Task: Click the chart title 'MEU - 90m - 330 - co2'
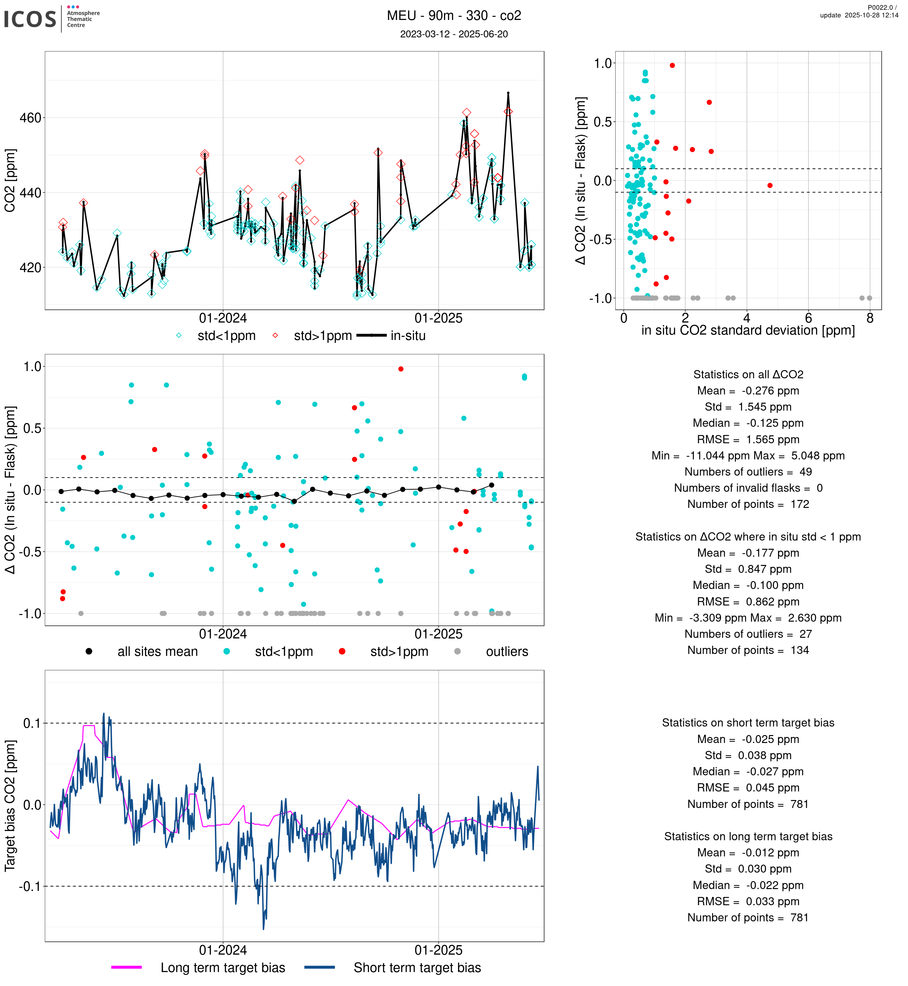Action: click(x=454, y=16)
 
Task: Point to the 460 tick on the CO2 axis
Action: click(x=30, y=118)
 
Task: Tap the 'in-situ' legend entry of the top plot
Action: click(x=408, y=336)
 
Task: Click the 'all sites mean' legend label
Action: click(x=157, y=652)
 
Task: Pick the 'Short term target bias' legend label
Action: click(x=417, y=968)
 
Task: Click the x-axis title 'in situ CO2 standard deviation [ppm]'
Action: click(x=748, y=331)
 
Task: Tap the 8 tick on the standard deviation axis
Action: click(x=870, y=318)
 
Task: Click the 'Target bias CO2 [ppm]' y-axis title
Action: click(x=10, y=806)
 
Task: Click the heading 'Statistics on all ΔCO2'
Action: click(x=748, y=375)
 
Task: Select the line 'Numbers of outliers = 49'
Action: click(x=748, y=472)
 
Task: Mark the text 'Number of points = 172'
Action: click(x=748, y=504)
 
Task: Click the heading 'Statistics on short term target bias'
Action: click(x=748, y=723)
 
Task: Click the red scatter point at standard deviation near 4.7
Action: click(x=770, y=186)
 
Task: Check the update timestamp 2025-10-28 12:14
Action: click(x=859, y=15)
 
